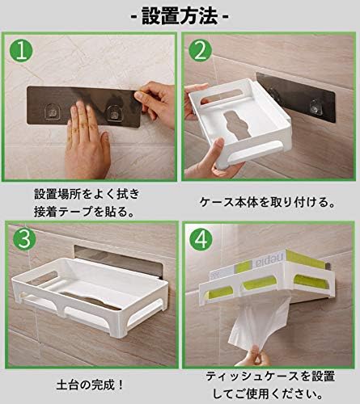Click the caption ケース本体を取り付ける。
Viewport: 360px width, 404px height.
pyautogui.click(x=265, y=204)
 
